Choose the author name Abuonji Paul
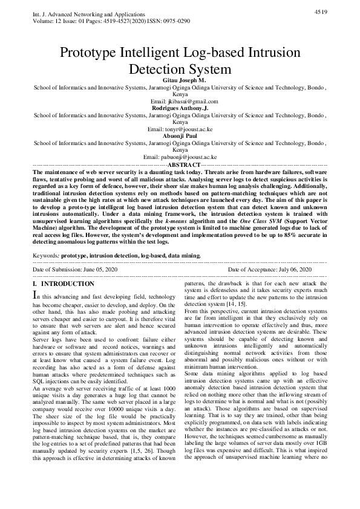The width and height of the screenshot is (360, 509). coord(180,136)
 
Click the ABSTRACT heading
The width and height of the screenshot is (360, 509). coord(183,164)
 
